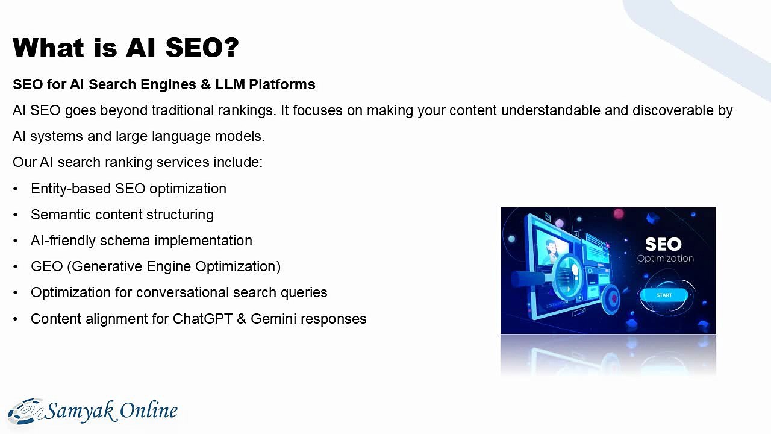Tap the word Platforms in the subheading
pos(282,84)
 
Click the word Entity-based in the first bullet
pos(70,189)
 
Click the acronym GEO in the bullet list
pos(47,266)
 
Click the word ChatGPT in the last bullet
pos(202,319)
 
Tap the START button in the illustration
pos(664,295)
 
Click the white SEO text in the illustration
pos(663,244)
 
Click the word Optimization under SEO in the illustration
pos(666,259)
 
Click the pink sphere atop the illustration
pos(619,213)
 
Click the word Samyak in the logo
pos(79,410)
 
